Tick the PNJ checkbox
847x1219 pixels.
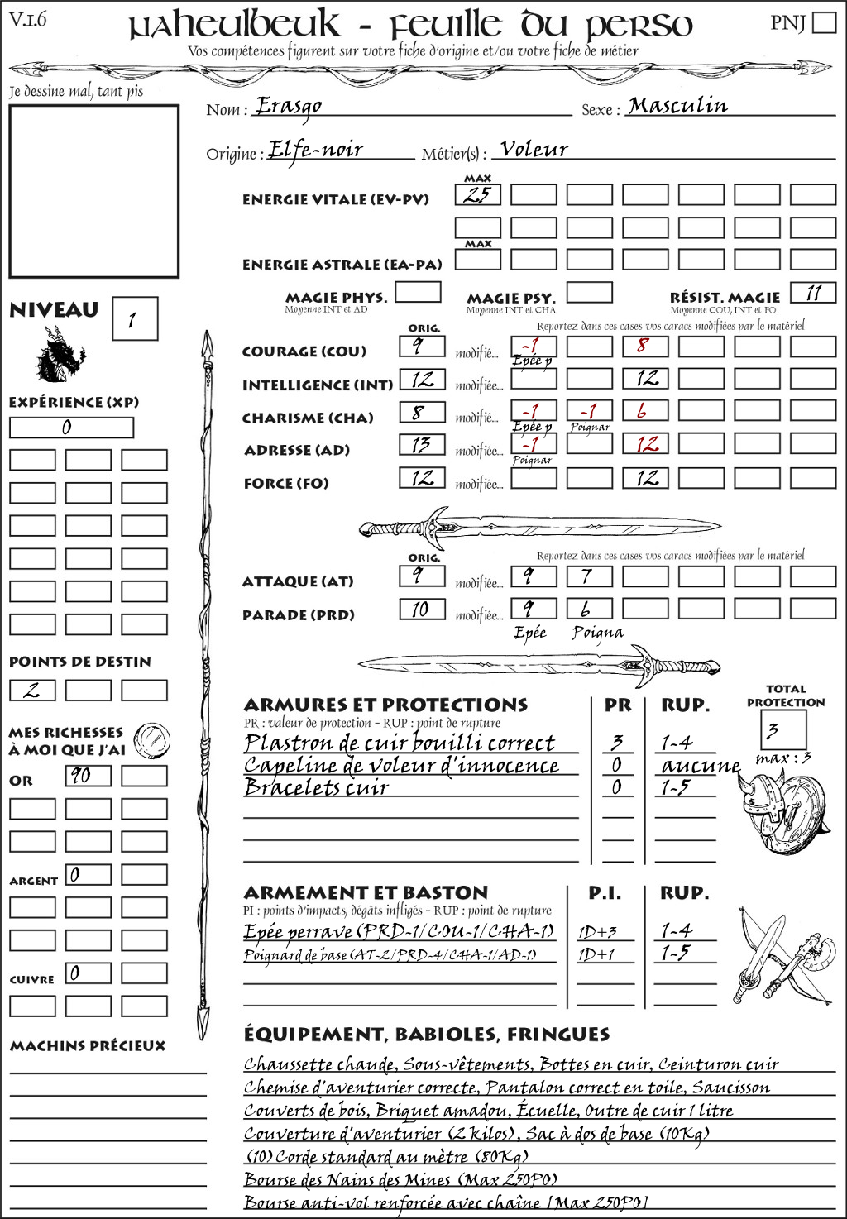click(824, 22)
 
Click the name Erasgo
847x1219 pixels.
click(288, 106)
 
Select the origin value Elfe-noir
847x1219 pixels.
click(316, 150)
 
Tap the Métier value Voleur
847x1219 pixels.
click(534, 150)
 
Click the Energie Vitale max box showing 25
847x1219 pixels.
click(477, 195)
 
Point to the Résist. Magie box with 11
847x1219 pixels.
click(812, 293)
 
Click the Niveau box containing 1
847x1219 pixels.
click(134, 319)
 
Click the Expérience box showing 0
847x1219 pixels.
click(70, 428)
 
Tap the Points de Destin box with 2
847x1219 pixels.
click(32, 690)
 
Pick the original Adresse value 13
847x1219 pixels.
click(422, 445)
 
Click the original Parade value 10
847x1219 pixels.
click(422, 609)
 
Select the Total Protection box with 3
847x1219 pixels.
click(782, 730)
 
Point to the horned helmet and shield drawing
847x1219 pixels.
click(780, 810)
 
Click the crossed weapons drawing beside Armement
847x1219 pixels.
click(782, 957)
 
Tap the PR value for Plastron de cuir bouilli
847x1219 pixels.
click(617, 743)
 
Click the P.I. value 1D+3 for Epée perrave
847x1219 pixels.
click(598, 932)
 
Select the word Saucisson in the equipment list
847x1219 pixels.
click(731, 1088)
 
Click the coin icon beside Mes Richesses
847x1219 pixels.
click(152, 739)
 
